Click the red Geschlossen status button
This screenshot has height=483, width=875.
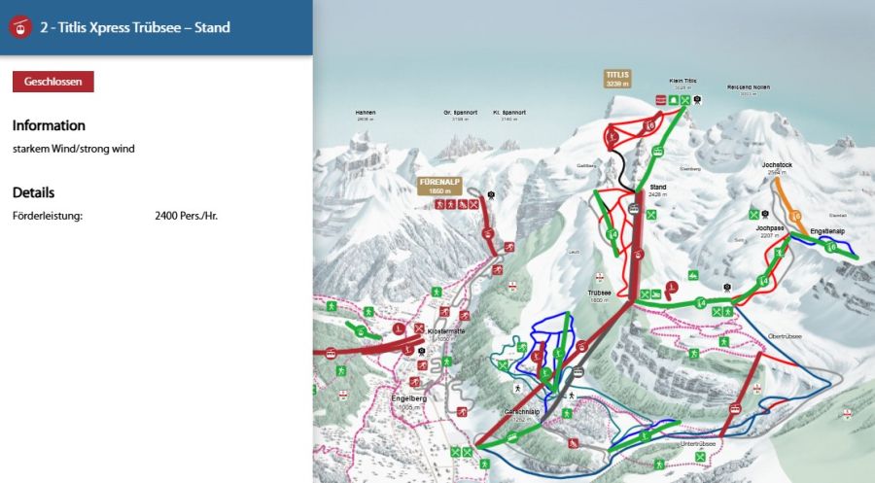point(52,82)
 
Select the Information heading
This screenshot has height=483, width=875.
point(49,125)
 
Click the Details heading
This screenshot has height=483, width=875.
point(33,192)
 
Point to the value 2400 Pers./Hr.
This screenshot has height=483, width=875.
point(186,215)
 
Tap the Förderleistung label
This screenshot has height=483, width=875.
point(48,215)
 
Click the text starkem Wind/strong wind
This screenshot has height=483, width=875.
point(73,149)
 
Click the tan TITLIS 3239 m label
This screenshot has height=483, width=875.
point(618,79)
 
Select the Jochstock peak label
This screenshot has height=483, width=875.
point(777,166)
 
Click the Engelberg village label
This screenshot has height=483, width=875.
point(408,397)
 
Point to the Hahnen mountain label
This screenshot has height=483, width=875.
point(366,113)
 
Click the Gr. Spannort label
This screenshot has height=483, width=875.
point(460,113)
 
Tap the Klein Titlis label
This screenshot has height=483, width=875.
point(683,82)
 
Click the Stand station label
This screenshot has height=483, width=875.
point(658,188)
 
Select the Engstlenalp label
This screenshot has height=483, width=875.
point(826,230)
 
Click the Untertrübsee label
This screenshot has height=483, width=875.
point(698,443)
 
